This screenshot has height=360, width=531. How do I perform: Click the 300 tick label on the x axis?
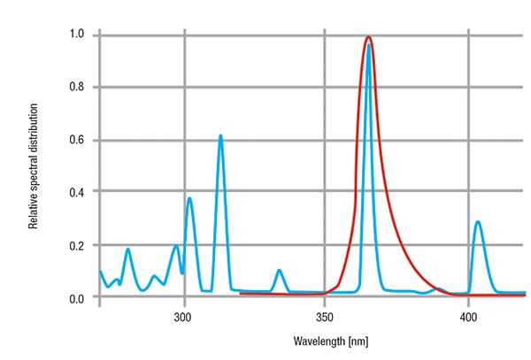[x=184, y=315]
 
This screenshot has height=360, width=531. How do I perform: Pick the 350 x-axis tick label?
[x=325, y=315]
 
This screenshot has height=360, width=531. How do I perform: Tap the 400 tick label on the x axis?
[x=466, y=315]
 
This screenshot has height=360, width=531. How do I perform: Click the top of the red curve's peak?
[x=368, y=37]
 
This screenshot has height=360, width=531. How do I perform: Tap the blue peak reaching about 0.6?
[x=220, y=136]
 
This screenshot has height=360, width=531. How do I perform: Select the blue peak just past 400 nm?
[x=478, y=222]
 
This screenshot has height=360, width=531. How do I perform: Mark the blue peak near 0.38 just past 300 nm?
[x=189, y=198]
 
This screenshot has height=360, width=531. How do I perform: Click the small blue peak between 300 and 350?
[x=280, y=271]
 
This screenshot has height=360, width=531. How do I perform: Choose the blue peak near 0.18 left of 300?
[x=128, y=249]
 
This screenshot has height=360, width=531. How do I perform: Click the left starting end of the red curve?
[x=241, y=294]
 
